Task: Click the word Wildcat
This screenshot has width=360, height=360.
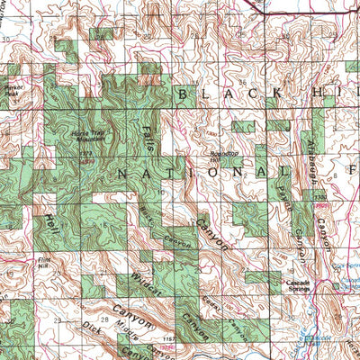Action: (145, 283)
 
